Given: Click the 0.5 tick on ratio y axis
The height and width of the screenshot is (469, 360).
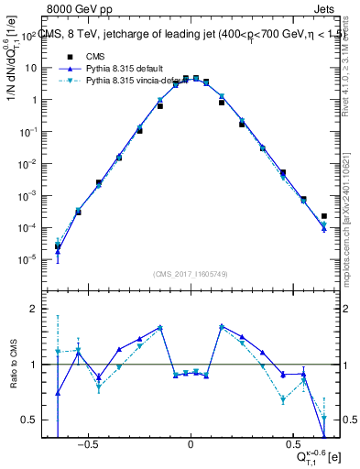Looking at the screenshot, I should pyautogui.click(x=30, y=420).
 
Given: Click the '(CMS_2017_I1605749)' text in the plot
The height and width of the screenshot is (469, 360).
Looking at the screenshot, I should pyautogui.click(x=191, y=274).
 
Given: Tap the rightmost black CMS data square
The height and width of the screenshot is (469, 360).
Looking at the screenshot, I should pyautogui.click(x=324, y=217).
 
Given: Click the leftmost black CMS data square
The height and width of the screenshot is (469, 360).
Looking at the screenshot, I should pyautogui.click(x=58, y=245).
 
